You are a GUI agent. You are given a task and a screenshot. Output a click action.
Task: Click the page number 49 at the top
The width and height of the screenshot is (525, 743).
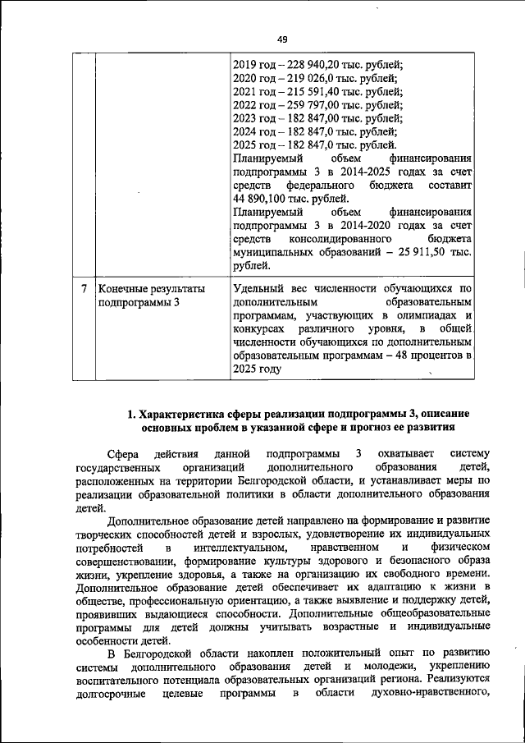pyautogui.click(x=281, y=39)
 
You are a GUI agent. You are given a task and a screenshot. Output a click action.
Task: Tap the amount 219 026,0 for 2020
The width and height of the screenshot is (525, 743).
pyautogui.click(x=310, y=80)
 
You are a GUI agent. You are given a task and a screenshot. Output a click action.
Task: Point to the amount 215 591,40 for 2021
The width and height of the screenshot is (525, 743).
pyautogui.click(x=313, y=93)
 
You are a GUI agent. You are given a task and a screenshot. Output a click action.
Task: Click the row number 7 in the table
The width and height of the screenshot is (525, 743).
pyautogui.click(x=84, y=289)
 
